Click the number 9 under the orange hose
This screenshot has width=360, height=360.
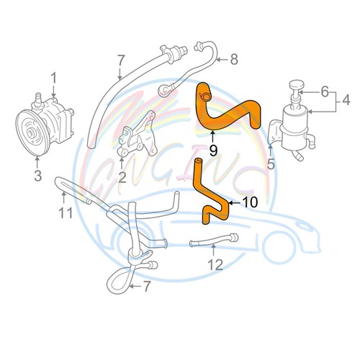(213, 149)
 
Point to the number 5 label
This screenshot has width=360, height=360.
(271, 163)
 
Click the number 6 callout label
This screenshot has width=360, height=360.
(325, 91)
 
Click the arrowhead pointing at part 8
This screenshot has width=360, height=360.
(220, 60)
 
